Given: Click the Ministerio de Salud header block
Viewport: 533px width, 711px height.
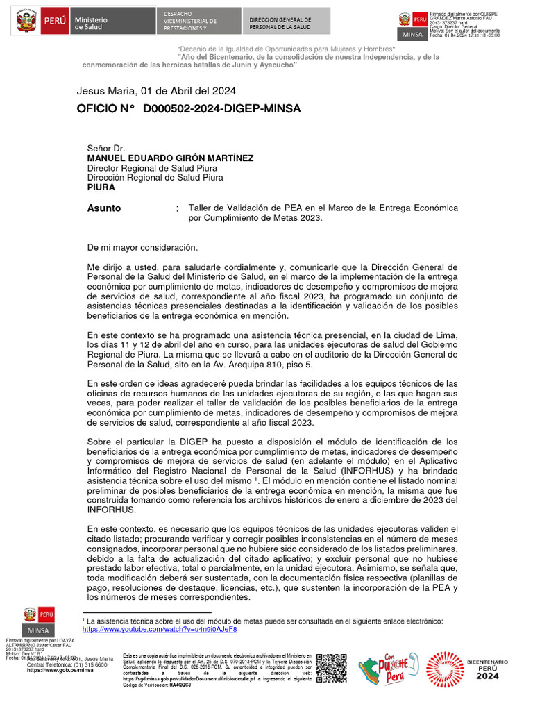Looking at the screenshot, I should click(x=91, y=22).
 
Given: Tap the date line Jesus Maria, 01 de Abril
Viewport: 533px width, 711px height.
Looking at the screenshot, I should click(x=156, y=91).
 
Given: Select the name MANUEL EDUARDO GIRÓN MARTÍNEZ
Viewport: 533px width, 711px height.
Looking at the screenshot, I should click(x=170, y=158).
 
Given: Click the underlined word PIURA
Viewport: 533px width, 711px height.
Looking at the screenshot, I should click(x=101, y=187).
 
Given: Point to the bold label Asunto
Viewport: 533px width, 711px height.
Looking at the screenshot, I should click(x=104, y=208).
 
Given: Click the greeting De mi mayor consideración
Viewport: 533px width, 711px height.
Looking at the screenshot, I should click(x=142, y=248).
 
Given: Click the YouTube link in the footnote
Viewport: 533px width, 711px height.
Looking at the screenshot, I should click(x=160, y=629).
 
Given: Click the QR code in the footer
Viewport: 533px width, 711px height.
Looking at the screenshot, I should click(x=331, y=668).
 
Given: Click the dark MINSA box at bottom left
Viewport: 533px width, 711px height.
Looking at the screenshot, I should click(x=39, y=630).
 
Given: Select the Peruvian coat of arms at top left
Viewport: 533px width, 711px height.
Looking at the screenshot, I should click(x=26, y=22).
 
